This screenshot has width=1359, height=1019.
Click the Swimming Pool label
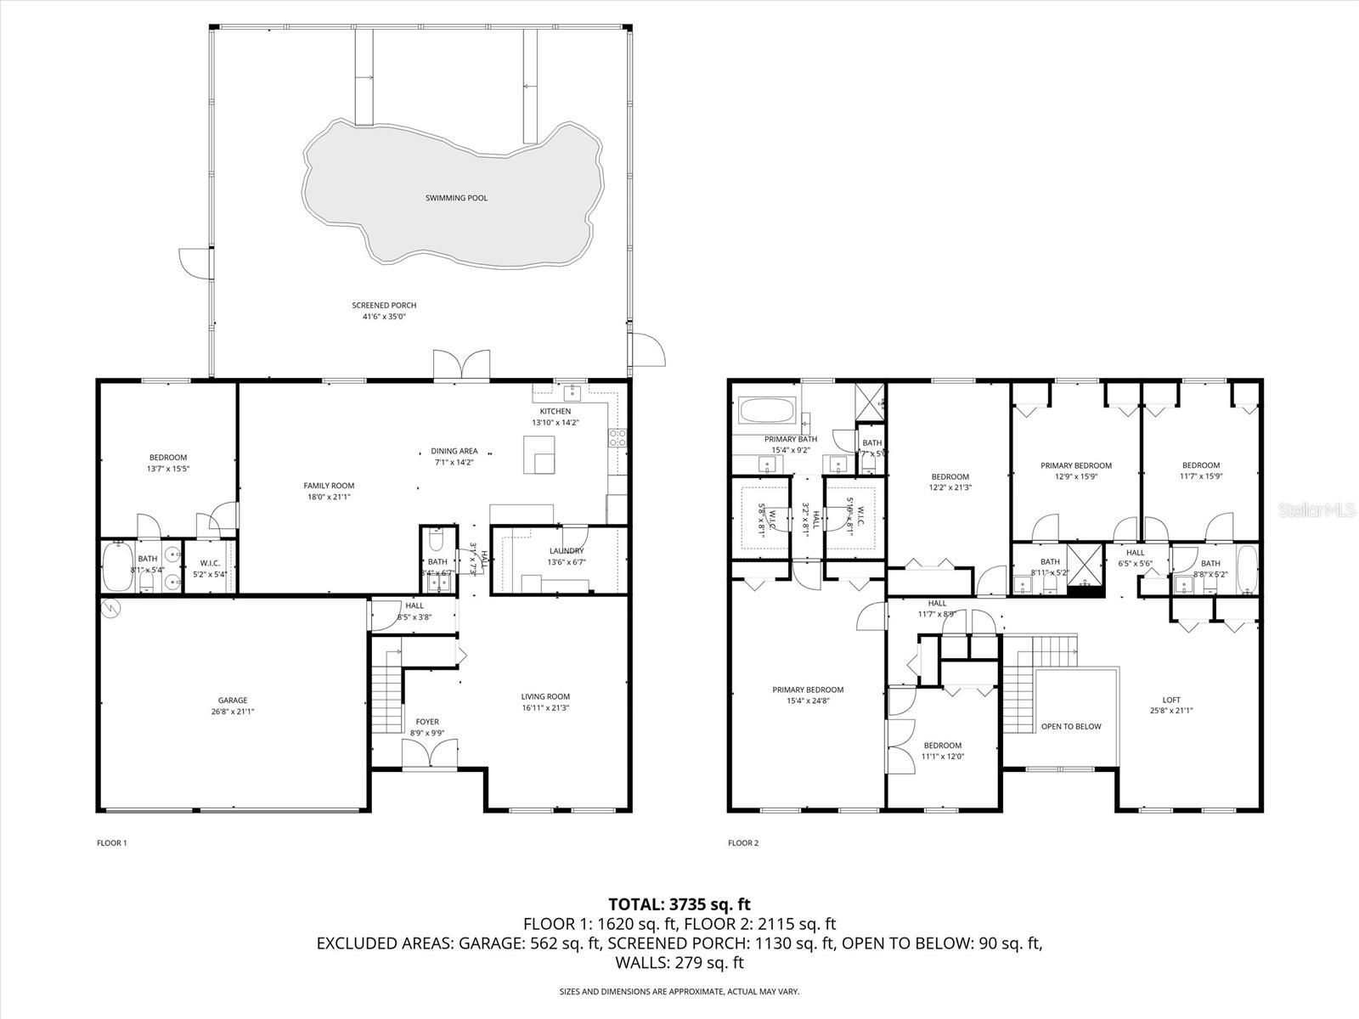456,198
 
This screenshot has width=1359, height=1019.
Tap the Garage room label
232,701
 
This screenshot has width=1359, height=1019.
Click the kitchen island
539,456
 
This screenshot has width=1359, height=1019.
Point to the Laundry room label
566,551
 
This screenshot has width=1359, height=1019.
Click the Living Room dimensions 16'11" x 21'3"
545,707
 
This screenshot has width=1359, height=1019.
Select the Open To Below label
1071,726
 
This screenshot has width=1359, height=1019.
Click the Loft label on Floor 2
1171,700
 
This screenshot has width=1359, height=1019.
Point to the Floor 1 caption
112,843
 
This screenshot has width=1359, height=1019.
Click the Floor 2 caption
743,843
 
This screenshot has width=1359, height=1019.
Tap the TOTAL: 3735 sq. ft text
679,904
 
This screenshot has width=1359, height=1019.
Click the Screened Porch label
384,305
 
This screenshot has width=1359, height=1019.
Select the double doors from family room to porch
461,366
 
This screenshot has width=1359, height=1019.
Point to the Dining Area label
454,451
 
